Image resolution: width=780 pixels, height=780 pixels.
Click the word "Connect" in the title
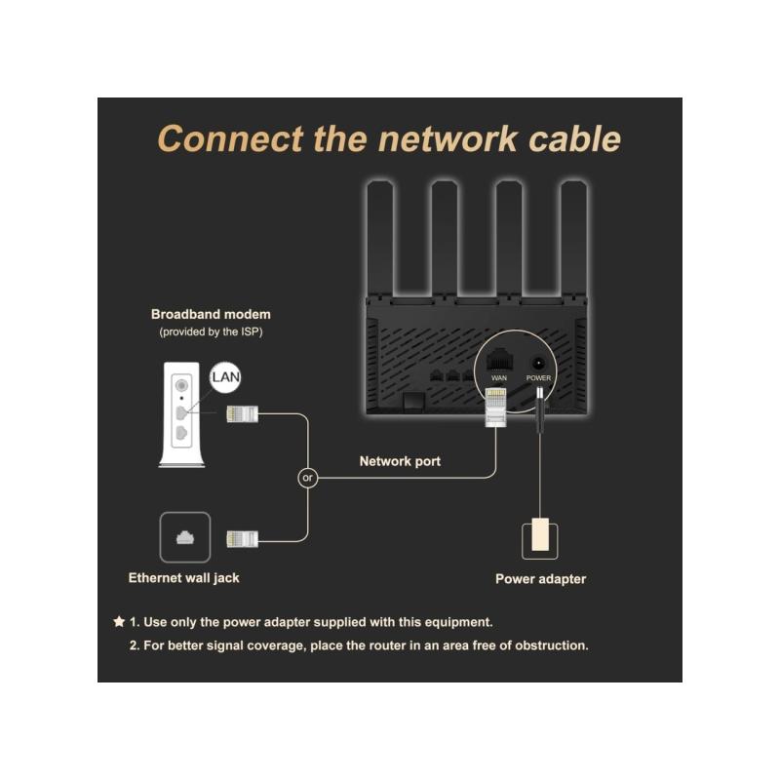[x=229, y=137]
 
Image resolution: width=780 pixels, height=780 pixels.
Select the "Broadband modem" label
[x=211, y=315]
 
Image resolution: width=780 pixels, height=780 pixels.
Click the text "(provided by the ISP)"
[x=211, y=332]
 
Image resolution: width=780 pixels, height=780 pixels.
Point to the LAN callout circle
[x=226, y=375]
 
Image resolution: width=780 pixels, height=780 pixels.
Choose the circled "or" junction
[x=308, y=478]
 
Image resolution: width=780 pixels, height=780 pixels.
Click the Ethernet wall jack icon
[x=183, y=537]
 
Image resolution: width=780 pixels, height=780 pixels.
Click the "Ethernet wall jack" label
[x=183, y=578]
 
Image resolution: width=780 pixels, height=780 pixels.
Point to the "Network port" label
[x=400, y=461]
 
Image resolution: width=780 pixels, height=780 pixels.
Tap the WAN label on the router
[x=499, y=377]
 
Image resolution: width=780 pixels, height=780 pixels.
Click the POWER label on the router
[x=539, y=377]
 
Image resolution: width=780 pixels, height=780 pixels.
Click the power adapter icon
[x=540, y=537]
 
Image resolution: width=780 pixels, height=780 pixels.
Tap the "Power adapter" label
[x=540, y=579]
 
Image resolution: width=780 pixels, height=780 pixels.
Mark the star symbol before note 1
[x=119, y=621]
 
